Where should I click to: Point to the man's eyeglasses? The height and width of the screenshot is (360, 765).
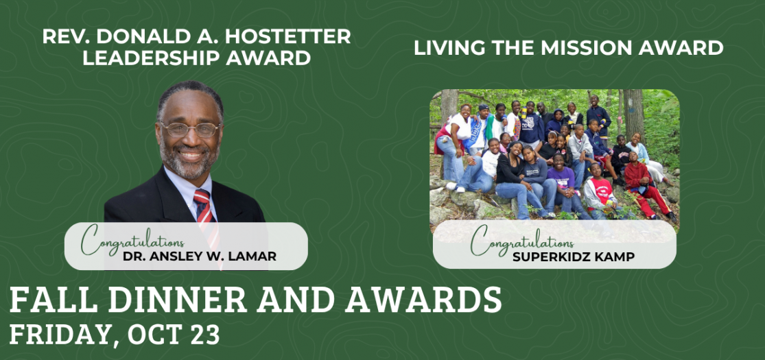tap(190, 130)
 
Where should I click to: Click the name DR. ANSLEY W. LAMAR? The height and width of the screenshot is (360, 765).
tap(200, 256)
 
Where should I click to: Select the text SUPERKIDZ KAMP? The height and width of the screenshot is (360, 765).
tap(574, 256)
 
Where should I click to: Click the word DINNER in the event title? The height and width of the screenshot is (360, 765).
tap(178, 300)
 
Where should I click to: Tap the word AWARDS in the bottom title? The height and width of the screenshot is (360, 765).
tap(423, 300)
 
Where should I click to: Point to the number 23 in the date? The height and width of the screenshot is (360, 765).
tap(204, 335)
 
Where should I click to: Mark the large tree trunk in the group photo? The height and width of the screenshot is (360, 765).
tap(633, 115)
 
